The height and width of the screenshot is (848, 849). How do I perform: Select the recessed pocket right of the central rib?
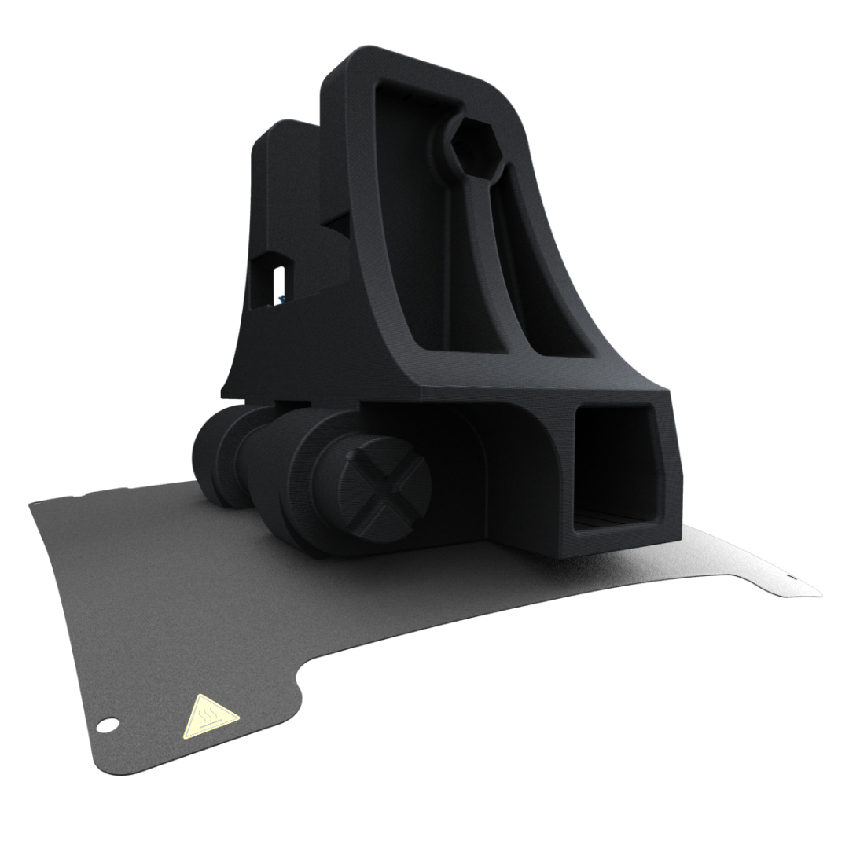(x=542, y=291)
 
